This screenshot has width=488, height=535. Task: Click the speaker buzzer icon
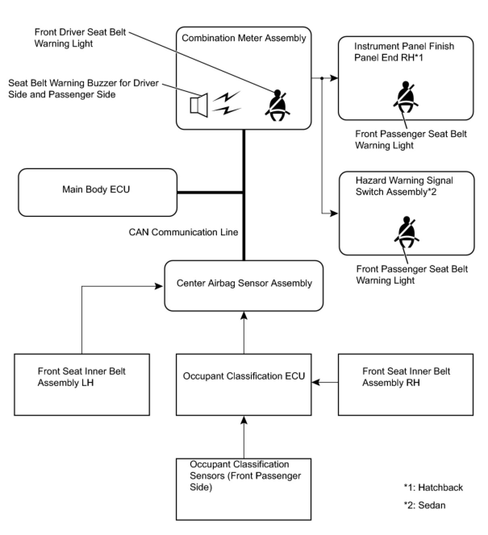pos(199,105)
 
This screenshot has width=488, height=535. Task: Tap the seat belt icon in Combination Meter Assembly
pos(277,105)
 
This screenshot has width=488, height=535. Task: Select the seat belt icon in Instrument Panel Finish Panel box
pos(405,97)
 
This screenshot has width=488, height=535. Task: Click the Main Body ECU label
pos(96,189)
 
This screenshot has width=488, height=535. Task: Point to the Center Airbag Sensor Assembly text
pos(244,283)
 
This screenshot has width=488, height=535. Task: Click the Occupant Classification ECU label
pos(244,376)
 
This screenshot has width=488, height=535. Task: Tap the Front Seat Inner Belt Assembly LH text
pos(81,377)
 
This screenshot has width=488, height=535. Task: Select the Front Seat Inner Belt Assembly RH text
pos(406,377)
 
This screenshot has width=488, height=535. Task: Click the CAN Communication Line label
pos(183,232)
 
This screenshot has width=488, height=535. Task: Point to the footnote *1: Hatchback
pos(433,487)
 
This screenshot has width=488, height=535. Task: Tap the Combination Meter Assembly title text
pos(244,38)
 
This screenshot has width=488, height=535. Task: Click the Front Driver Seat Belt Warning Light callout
pos(80,37)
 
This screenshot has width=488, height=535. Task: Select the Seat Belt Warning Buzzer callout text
pos(83,89)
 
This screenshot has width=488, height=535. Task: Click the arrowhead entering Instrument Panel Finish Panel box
pos(334,78)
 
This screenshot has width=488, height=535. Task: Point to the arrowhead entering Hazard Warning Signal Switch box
pos(334,214)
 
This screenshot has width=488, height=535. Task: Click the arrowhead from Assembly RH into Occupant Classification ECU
pos(316,382)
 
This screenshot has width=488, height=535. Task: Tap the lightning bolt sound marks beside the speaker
pos(227,103)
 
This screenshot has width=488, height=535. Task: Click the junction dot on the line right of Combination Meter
pos(322,78)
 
